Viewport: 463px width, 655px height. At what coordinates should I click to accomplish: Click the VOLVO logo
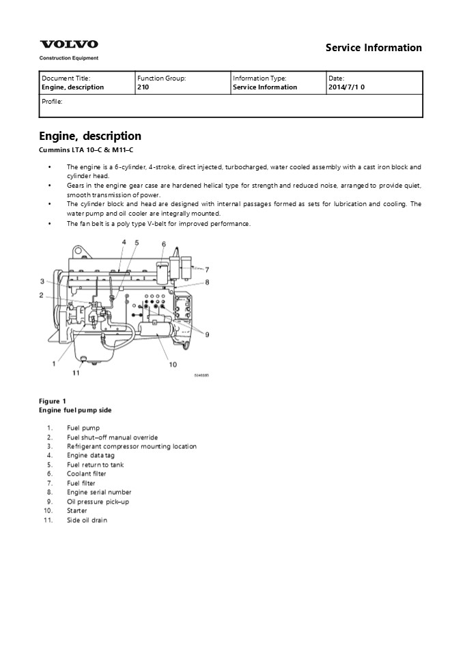coord(69,44)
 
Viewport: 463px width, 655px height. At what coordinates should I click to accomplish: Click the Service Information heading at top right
coord(374,48)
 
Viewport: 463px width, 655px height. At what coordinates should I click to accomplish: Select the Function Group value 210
coord(143,87)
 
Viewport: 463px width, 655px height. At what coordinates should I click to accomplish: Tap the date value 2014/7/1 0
coord(346,87)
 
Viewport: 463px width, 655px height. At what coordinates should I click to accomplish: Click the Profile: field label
coord(52,102)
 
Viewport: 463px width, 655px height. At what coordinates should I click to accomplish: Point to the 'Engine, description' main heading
coord(90,136)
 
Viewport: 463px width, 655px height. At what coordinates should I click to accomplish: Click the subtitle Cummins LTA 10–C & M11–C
coord(86,150)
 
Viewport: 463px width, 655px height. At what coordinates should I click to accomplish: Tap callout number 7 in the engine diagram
coord(207,270)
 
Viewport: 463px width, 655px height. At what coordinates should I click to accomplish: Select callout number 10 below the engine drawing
coord(173,364)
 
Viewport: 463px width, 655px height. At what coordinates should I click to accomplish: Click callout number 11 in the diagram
coord(76,373)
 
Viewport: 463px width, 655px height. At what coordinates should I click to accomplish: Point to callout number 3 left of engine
coord(42,281)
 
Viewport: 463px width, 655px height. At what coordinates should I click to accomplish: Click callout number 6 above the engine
coord(163,244)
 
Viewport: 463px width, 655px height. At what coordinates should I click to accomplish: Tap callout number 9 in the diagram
coord(207,334)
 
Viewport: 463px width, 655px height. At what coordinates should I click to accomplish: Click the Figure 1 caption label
coord(53,401)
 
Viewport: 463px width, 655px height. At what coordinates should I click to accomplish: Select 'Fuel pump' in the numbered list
coord(83,428)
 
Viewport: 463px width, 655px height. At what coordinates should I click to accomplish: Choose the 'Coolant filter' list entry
coord(87,474)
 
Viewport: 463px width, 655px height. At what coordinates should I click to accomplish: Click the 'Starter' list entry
coord(77,511)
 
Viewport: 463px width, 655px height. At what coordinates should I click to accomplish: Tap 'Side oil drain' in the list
coord(87,520)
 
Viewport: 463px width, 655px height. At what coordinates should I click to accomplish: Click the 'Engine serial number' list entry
coord(99,492)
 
